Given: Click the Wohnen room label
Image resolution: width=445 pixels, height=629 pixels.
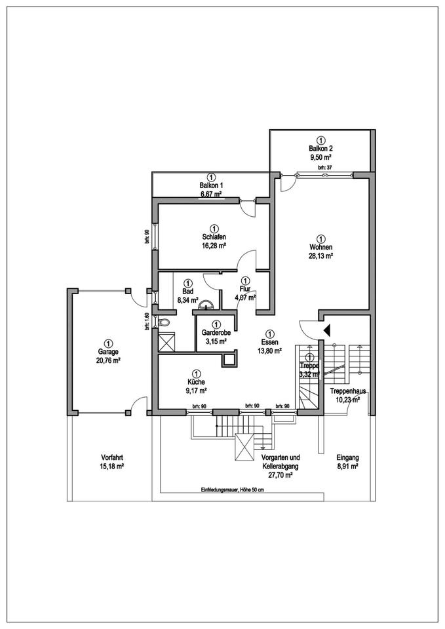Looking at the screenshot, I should tap(321, 248).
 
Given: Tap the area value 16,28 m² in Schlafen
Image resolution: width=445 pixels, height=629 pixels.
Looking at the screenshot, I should tap(214, 246).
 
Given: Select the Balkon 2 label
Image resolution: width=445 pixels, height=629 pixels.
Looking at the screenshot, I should tap(321, 149).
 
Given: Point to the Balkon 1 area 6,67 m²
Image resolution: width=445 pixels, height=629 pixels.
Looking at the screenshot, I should tap(211, 195).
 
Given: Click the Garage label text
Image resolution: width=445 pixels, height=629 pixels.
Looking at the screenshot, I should tap(108, 351).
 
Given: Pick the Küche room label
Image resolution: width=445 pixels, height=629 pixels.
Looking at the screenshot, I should tap(195, 381).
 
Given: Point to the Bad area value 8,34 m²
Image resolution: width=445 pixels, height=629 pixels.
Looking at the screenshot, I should tap(189, 300).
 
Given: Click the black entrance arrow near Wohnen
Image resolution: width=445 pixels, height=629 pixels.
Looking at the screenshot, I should tap(326, 330).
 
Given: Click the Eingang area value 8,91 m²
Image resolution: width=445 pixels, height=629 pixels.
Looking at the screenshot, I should tap(347, 467).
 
